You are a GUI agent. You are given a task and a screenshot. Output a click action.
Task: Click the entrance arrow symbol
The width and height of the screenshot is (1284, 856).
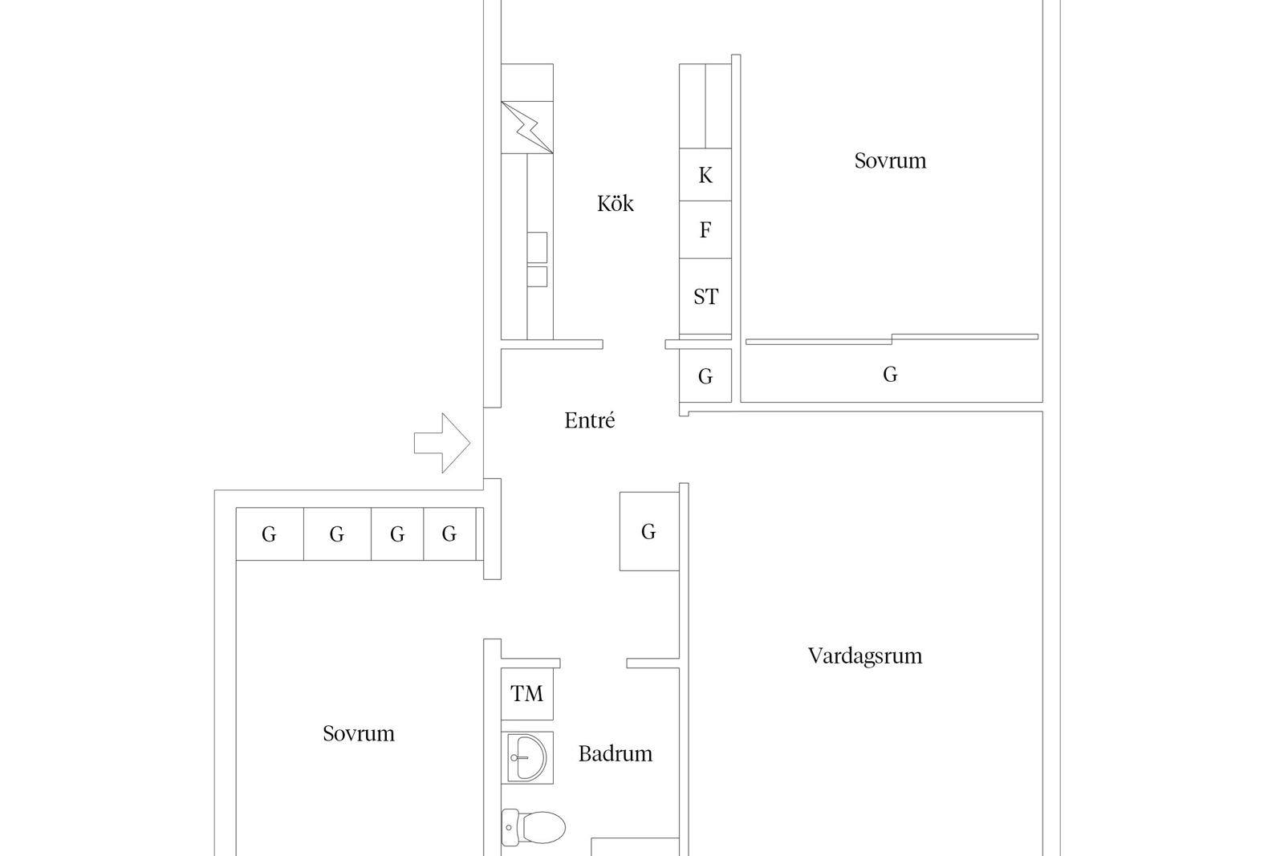point(442,443)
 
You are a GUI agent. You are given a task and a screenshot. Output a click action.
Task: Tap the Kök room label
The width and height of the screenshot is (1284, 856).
point(615,204)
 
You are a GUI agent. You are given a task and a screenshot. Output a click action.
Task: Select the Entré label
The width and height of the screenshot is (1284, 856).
point(589,420)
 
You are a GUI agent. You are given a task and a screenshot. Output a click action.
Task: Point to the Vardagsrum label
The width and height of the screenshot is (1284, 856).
point(865,655)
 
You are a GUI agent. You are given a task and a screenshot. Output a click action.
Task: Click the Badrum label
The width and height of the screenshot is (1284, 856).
point(615,753)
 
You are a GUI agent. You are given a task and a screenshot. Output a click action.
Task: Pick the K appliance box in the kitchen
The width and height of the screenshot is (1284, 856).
point(705,175)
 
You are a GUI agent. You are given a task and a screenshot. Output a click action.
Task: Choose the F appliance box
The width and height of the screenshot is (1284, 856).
point(705,229)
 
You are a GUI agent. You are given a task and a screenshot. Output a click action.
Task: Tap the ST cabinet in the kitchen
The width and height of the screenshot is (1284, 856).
point(705,296)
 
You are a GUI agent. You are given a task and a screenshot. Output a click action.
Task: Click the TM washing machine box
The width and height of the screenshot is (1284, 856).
point(526,694)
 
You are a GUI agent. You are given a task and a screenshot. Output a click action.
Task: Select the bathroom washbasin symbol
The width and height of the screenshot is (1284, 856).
point(526,757)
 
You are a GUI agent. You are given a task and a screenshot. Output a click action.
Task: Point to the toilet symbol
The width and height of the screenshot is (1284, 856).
point(533,827)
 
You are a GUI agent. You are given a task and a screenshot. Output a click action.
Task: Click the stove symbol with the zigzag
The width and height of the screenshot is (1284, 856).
point(526,128)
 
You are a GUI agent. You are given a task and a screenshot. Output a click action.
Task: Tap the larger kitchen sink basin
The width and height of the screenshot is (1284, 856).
point(537,247)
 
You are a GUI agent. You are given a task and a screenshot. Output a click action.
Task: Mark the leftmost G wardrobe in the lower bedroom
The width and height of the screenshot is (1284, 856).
point(270,534)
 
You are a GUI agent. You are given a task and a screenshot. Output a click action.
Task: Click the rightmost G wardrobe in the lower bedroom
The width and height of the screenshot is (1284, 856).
point(449,534)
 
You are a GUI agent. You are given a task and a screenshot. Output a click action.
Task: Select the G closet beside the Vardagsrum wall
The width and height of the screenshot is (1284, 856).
point(649,531)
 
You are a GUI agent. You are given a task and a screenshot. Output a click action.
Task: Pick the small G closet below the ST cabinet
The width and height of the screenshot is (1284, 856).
point(705,376)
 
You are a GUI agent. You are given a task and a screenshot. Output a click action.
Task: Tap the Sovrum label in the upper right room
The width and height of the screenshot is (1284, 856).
point(890,160)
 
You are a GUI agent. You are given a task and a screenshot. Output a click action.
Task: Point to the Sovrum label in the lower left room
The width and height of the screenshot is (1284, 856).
point(358,733)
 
